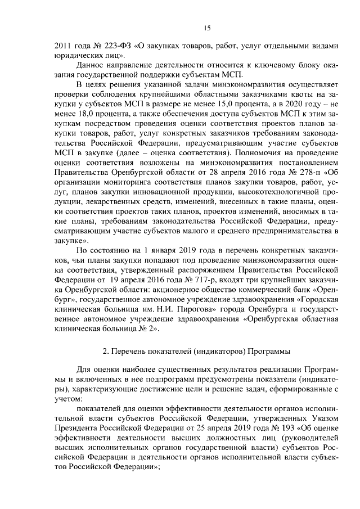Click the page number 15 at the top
click(206, 28)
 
